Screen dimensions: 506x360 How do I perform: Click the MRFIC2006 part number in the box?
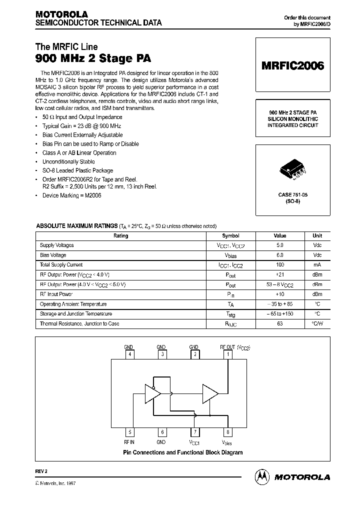pyautogui.click(x=293, y=65)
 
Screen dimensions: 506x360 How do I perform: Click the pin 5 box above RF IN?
pyautogui.click(x=129, y=433)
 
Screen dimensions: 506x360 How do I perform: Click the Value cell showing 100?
pyautogui.click(x=279, y=265)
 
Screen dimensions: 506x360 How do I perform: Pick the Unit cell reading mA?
pyautogui.click(x=317, y=265)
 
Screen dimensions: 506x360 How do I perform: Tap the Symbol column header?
pyautogui.click(x=230, y=236)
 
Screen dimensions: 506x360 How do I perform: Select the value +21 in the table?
pyautogui.click(x=279, y=275)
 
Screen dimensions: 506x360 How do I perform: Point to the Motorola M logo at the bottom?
pyautogui.click(x=262, y=477)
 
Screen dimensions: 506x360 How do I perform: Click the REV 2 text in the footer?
pyautogui.click(x=41, y=471)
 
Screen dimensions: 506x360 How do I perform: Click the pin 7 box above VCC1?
pyautogui.click(x=194, y=433)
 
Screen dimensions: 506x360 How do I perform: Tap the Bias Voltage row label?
pyautogui.click(x=53, y=255)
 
